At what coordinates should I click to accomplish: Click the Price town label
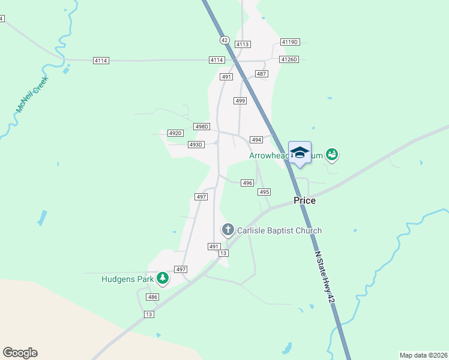point(304,201)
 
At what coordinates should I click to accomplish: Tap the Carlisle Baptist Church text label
point(279,230)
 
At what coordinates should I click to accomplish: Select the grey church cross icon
point(228,229)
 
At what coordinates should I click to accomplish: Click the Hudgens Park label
point(128,278)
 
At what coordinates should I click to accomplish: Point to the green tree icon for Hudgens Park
point(162,278)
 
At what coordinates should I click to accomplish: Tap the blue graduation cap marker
point(300,153)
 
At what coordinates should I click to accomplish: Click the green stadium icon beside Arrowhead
point(332,155)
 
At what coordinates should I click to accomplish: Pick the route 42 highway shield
point(224,40)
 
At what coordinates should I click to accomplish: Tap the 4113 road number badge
point(243,44)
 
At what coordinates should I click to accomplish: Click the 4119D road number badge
point(290,42)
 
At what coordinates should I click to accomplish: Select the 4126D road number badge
point(289,59)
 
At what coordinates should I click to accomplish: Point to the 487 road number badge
point(261,73)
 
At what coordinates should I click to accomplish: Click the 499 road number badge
point(240,101)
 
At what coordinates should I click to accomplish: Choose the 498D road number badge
point(202,127)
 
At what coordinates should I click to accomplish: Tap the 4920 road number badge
point(175,133)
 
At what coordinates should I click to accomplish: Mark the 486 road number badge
point(152,297)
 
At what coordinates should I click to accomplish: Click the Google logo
point(20,353)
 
